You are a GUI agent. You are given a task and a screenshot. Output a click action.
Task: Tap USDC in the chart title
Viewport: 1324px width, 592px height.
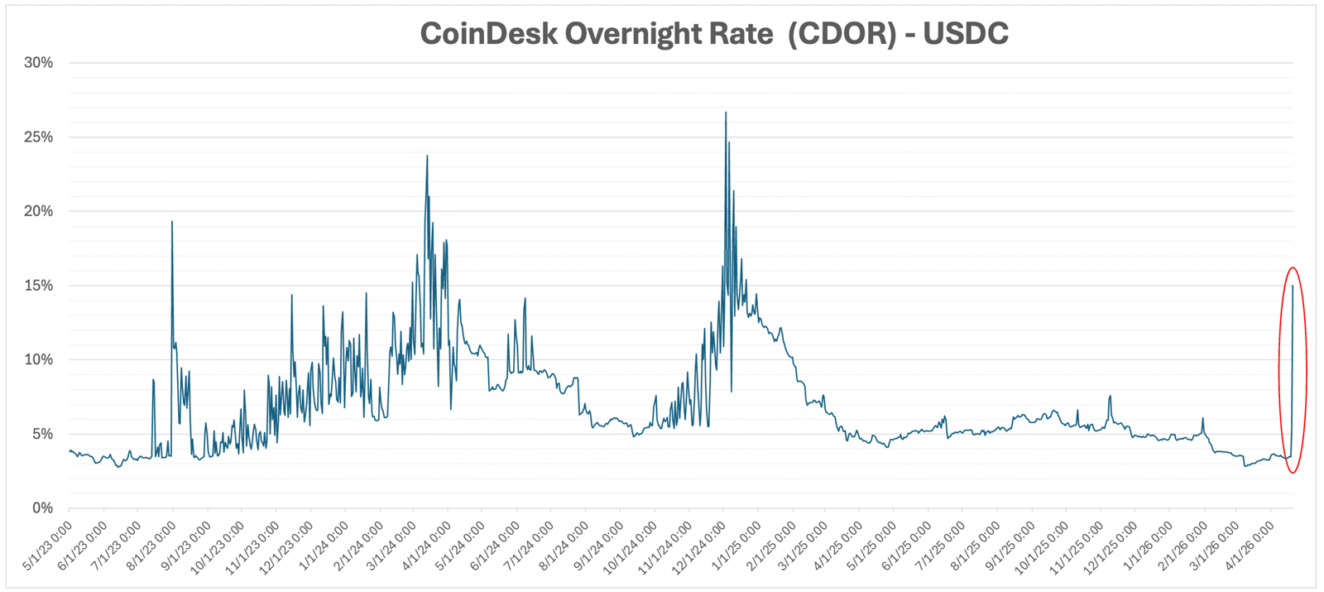(966, 33)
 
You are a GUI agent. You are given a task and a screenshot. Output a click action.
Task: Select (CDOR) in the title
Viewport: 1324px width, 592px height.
(842, 33)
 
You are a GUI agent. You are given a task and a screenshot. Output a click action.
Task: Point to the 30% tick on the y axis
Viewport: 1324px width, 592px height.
(38, 63)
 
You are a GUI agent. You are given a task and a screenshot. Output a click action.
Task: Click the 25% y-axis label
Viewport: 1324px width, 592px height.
(38, 137)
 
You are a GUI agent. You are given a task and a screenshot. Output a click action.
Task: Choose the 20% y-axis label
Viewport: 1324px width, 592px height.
(38, 211)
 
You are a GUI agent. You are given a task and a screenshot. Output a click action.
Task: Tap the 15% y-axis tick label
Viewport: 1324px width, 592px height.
(38, 286)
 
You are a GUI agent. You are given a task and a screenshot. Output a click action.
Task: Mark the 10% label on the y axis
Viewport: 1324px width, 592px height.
(38, 359)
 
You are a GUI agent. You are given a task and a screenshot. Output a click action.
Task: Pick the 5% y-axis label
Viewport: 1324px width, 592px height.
(42, 434)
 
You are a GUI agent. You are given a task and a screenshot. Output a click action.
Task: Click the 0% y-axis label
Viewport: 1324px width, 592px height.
(42, 508)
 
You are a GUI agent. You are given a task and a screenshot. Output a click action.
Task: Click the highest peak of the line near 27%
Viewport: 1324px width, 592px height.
(726, 113)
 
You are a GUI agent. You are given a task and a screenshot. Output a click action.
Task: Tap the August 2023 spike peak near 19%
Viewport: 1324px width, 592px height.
(171, 222)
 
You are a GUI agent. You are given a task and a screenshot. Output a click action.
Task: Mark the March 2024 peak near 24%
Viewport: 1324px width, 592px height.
(427, 156)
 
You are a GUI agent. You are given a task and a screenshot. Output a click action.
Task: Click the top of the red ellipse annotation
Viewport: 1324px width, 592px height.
(1292, 267)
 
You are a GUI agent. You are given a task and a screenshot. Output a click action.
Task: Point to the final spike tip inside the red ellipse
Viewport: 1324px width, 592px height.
(1293, 286)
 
